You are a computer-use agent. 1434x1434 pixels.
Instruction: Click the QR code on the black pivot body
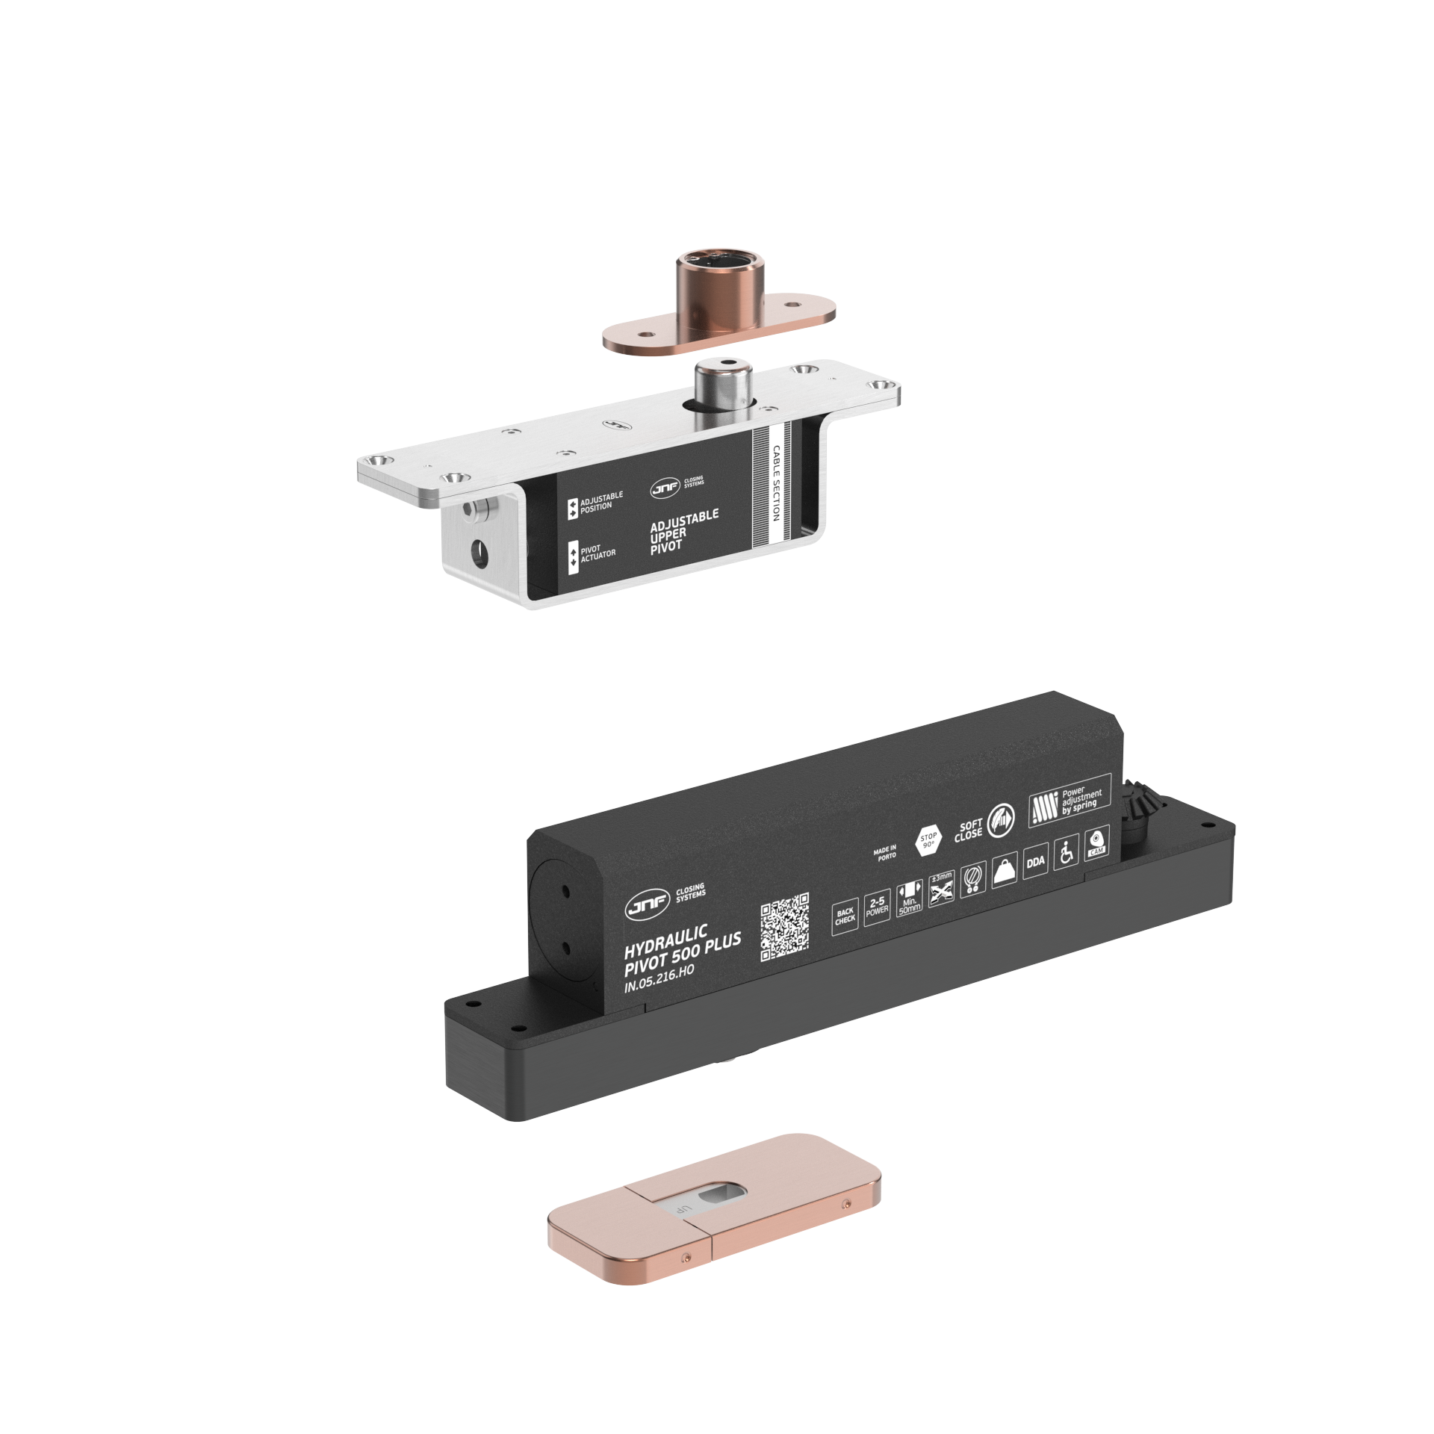(784, 927)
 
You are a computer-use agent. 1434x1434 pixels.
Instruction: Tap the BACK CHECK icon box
(845, 916)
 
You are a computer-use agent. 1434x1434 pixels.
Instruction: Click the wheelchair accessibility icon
(1067, 852)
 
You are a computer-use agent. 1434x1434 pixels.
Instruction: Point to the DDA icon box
(1035, 861)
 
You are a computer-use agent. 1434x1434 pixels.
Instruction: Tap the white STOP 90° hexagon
(928, 841)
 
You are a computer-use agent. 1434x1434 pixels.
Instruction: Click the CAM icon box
(1096, 843)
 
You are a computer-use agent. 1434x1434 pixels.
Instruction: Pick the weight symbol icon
(1004, 871)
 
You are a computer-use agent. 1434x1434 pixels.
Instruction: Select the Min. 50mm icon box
(909, 898)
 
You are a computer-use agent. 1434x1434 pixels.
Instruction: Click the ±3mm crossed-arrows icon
(942, 889)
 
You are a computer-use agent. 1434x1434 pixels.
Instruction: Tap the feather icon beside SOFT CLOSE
(1002, 821)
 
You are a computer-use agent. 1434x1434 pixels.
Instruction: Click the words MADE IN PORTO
(886, 853)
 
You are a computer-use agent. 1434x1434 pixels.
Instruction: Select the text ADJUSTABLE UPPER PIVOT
(683, 530)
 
